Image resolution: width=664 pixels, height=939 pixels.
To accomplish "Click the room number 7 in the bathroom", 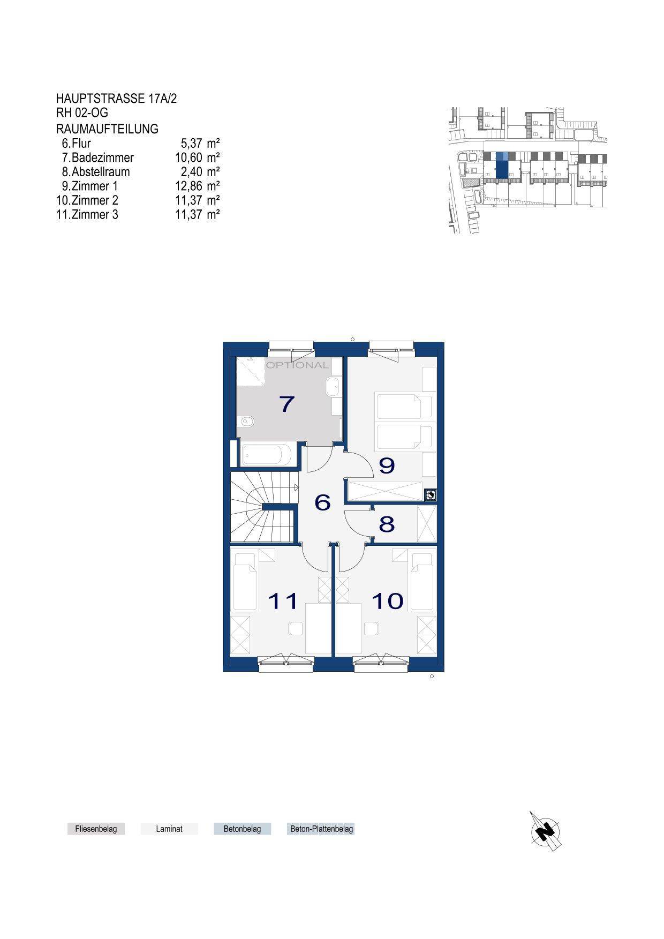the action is [287, 404].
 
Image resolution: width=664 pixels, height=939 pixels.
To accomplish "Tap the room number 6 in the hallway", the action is [322, 503].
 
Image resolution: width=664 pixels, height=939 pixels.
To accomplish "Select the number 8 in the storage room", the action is [387, 524].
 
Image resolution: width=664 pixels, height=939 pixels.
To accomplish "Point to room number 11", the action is [283, 601].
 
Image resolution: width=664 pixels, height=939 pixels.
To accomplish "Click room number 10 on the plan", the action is [387, 601].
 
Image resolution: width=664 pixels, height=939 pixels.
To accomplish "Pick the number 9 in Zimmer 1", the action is [387, 466].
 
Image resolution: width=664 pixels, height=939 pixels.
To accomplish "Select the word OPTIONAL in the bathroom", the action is [297, 365].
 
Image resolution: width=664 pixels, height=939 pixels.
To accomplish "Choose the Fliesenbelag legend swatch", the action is [96, 829].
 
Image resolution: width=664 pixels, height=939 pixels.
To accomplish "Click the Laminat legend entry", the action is [169, 829].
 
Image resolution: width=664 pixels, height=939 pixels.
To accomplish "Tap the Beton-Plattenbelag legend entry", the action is [321, 829].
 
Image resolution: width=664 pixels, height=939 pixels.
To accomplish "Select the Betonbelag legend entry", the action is [242, 829].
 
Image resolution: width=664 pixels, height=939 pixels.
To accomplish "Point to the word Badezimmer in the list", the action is [103, 158].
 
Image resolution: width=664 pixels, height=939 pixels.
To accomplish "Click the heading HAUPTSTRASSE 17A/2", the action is [116, 99].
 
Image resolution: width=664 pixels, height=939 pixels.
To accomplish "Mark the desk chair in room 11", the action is [296, 628].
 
